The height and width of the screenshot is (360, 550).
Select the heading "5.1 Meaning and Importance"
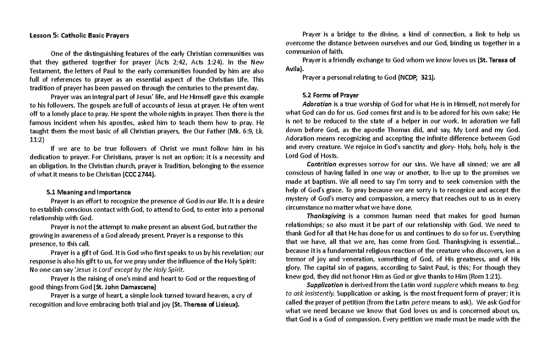click(89, 192)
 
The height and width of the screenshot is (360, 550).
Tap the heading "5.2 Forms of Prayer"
click(330, 95)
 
